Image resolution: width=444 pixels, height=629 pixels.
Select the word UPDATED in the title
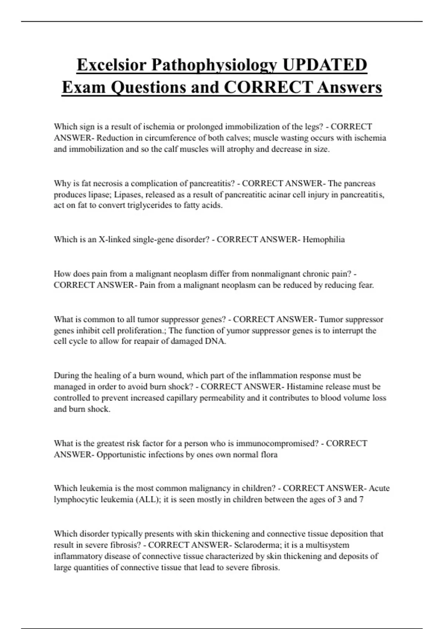(324, 65)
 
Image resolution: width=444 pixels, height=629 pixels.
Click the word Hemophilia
(324, 240)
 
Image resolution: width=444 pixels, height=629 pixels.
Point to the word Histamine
(305, 387)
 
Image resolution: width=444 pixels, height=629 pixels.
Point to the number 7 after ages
(361, 500)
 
